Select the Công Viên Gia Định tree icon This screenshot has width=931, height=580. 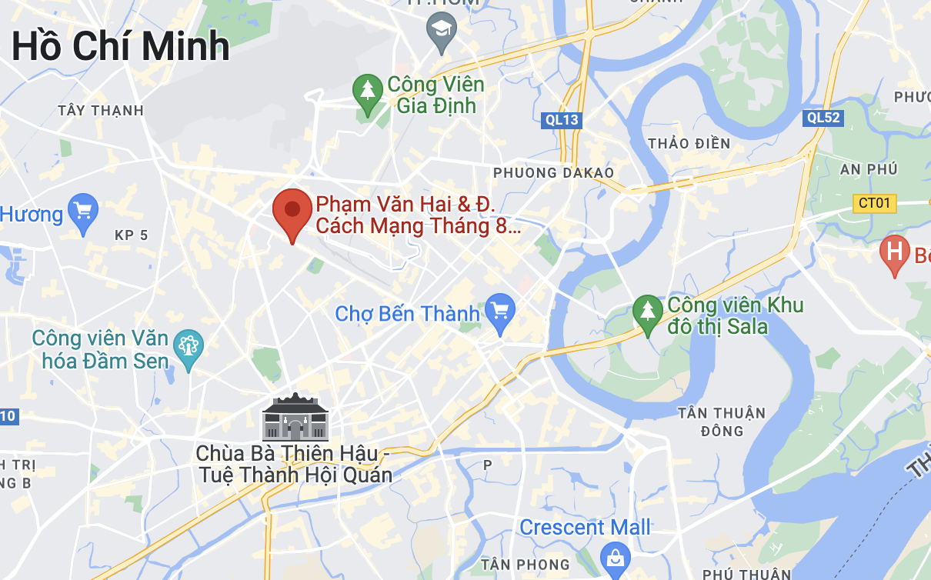point(368,91)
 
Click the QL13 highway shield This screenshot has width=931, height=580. point(561,120)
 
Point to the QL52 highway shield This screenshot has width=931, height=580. point(823,118)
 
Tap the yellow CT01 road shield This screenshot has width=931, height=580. point(875,204)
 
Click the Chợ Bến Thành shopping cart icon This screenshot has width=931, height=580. point(500,312)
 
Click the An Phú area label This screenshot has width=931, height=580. point(846,169)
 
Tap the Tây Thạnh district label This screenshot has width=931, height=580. point(101,111)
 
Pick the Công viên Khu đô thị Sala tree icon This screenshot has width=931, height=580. point(648,312)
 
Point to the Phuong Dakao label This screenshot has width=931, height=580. point(553,172)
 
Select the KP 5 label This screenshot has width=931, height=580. point(131,235)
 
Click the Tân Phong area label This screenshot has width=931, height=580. point(526,565)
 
